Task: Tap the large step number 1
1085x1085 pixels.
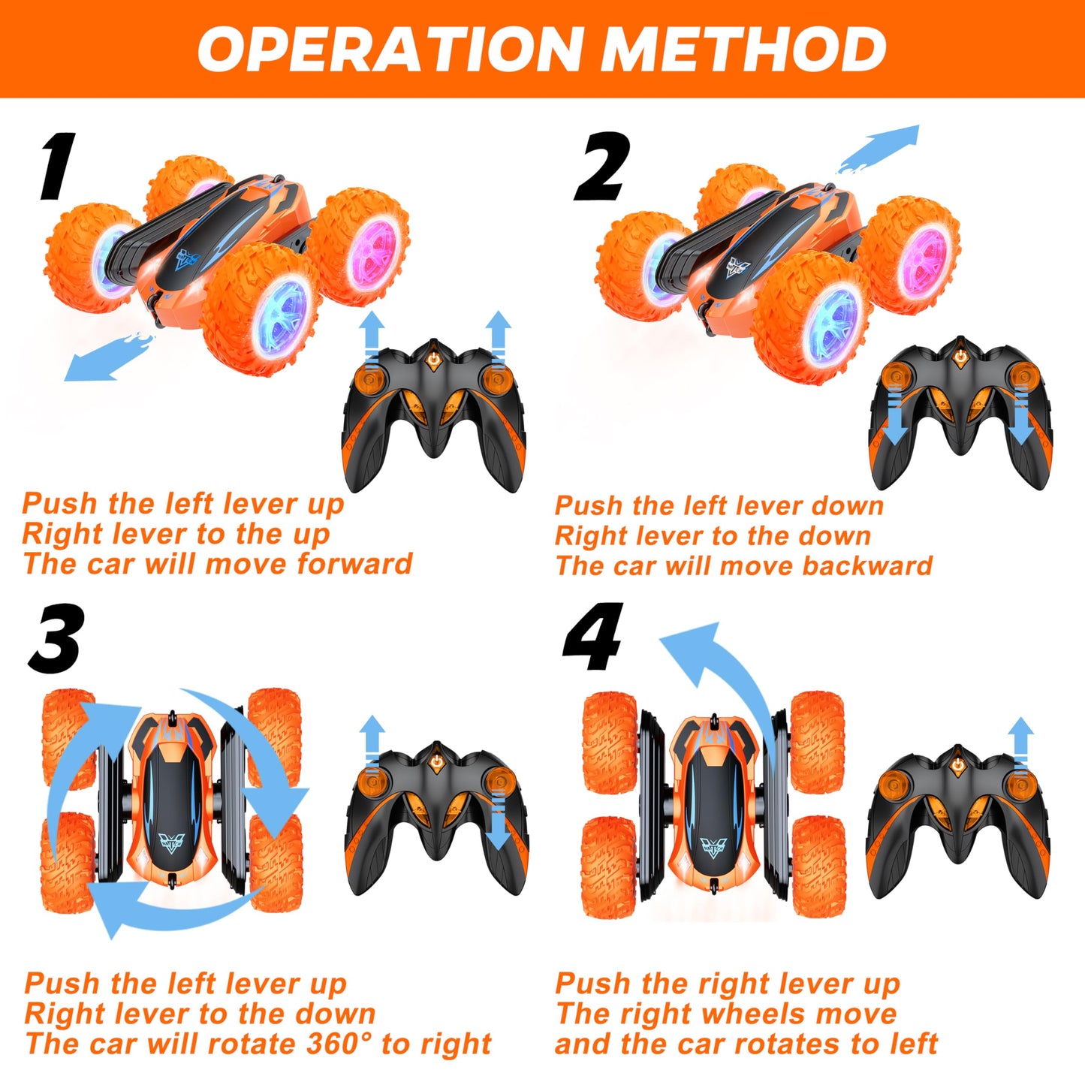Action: (x=58, y=167)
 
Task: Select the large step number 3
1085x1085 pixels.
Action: (x=56, y=640)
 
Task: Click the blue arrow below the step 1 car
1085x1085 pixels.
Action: (x=105, y=359)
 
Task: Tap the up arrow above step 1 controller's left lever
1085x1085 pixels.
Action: (x=371, y=338)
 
